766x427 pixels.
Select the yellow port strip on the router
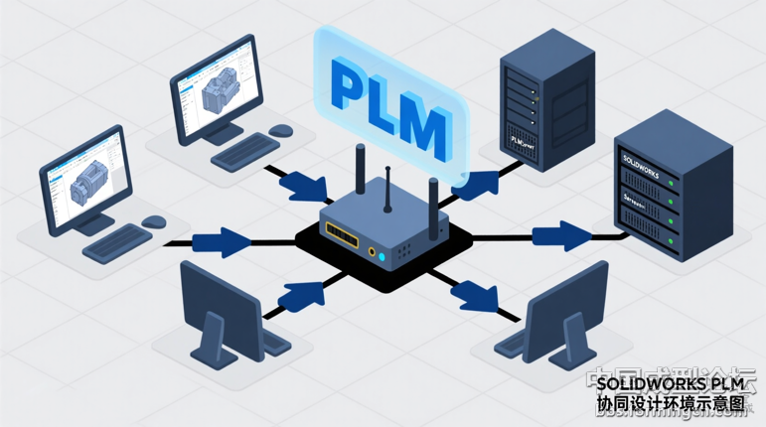pyautogui.click(x=345, y=233)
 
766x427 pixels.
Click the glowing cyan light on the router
pyautogui.click(x=374, y=251)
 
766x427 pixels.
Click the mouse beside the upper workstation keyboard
pyautogui.click(x=281, y=130)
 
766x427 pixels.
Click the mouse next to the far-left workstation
pyautogui.click(x=154, y=220)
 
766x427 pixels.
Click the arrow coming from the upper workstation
pyautogui.click(x=299, y=185)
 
